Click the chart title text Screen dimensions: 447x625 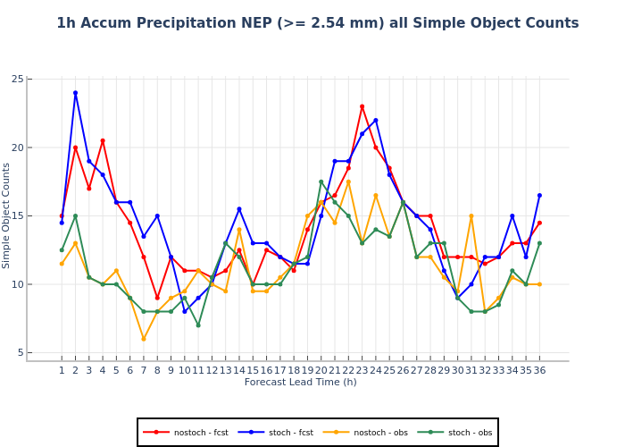click(x=317, y=24)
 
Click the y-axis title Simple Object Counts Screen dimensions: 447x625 click(x=7, y=215)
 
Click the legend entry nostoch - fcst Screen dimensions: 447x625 click(x=185, y=433)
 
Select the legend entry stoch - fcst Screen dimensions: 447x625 click(x=275, y=433)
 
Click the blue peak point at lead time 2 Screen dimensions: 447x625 click(x=75, y=93)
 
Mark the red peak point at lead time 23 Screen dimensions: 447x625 click(x=362, y=106)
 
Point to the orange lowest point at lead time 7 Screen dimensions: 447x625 click(x=143, y=339)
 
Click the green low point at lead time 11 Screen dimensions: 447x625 click(x=198, y=325)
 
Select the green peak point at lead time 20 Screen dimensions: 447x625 click(x=321, y=181)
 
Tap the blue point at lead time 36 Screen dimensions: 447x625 click(x=539, y=195)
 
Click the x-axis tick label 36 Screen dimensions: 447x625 click(x=539, y=370)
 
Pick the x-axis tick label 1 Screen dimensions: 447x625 click(x=62, y=370)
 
